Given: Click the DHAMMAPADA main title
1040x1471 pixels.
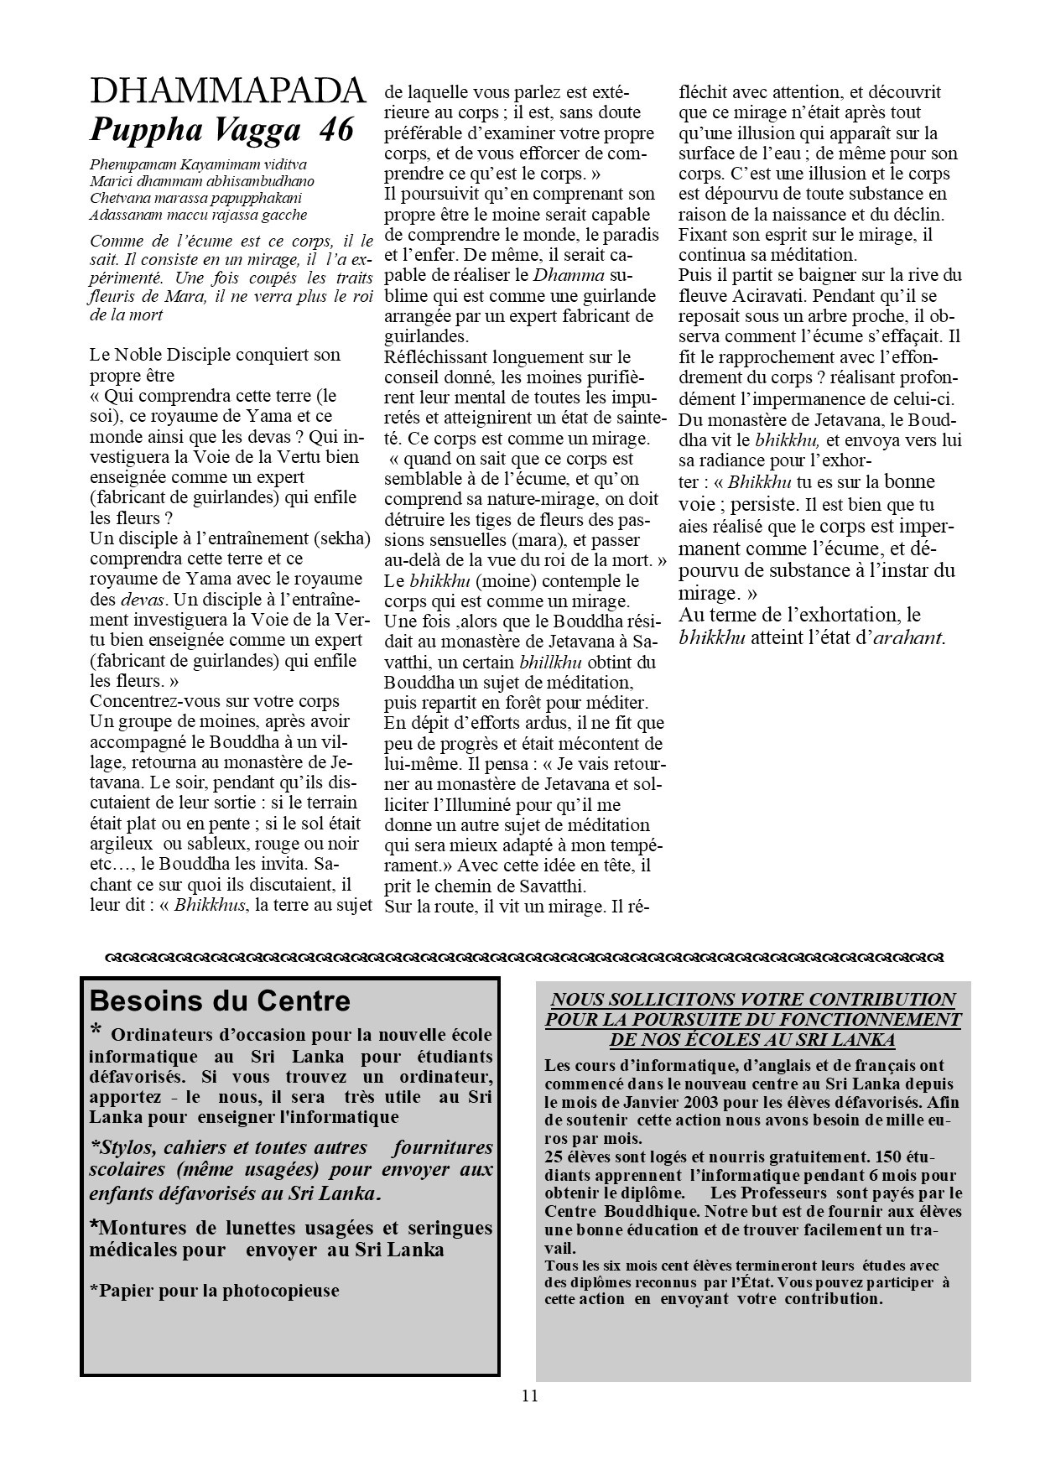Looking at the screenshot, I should pos(227,91).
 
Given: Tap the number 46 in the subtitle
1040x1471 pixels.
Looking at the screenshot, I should pos(335,130).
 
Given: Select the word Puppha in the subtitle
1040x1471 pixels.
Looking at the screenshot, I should pos(142,130).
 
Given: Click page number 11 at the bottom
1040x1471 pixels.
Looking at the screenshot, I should pos(529,1396).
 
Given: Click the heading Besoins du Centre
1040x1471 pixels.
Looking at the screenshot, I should pos(220,1001).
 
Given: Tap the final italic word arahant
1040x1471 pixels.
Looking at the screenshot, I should pos(909,637).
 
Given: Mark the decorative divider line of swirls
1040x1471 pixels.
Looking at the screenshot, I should pos(525,956).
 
